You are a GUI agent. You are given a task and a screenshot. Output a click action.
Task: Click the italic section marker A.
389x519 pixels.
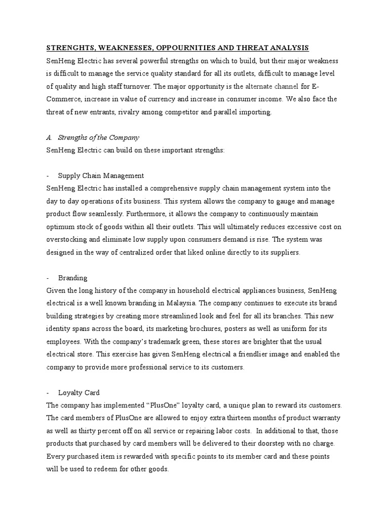(x=49, y=137)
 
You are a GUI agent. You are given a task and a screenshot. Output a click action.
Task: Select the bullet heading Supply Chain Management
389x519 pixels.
(x=101, y=175)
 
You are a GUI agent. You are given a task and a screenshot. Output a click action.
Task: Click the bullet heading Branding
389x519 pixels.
(x=72, y=278)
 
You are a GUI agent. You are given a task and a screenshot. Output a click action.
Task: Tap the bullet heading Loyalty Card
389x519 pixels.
(x=79, y=392)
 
